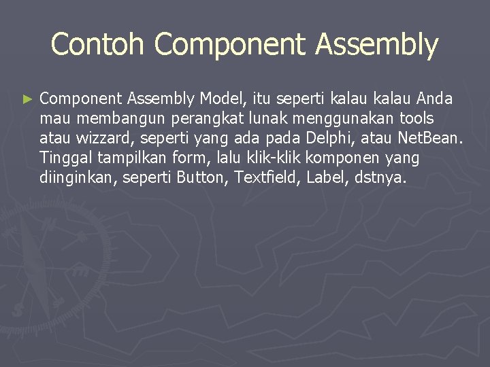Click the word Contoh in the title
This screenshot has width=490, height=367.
pos(97,44)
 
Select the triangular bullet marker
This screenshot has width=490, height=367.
pos(27,99)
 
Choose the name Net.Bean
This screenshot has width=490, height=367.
pos(429,139)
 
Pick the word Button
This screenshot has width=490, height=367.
pos(202,178)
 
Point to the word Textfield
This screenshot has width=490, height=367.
pos(267,178)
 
